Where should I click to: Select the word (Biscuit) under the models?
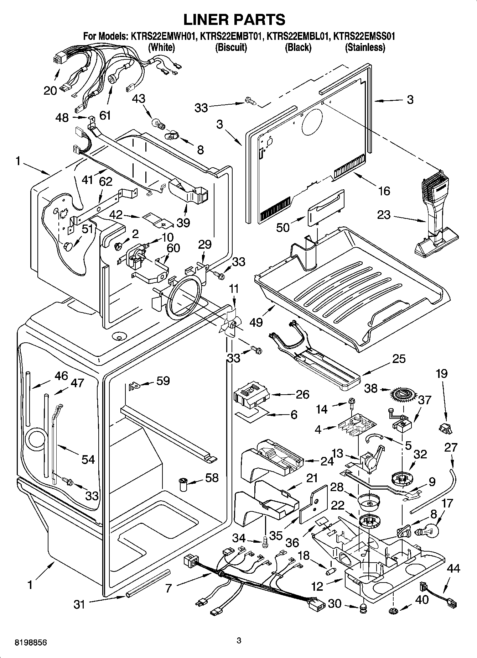tap(231, 47)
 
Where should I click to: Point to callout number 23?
tap(384, 215)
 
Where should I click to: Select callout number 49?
tap(256, 322)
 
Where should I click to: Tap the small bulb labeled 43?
tap(158, 123)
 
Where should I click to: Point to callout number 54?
tap(88, 459)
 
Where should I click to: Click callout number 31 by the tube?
tap(79, 604)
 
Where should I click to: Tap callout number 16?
tap(384, 191)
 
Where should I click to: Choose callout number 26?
tap(302, 394)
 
